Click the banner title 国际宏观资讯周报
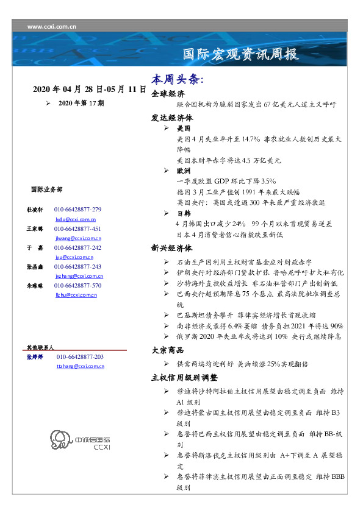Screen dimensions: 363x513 pyautogui.click(x=242, y=54)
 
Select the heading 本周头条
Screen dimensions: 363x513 pyautogui.click(x=178, y=80)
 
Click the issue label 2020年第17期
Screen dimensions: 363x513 pyautogui.click(x=81, y=104)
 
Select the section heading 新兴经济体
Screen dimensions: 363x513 pyautogui.click(x=172, y=249)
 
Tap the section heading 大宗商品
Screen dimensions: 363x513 pyautogui.click(x=168, y=350)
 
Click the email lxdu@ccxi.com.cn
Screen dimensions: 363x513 pyautogui.click(x=76, y=218)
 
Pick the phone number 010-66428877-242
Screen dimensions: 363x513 pyautogui.click(x=77, y=248)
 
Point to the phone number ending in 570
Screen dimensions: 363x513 pyautogui.click(x=77, y=285)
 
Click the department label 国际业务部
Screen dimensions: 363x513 pyautogui.click(x=46, y=189)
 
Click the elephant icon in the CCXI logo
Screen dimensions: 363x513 pyautogui.click(x=59, y=440)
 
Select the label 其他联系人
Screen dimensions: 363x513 pyautogui.click(x=40, y=347)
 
